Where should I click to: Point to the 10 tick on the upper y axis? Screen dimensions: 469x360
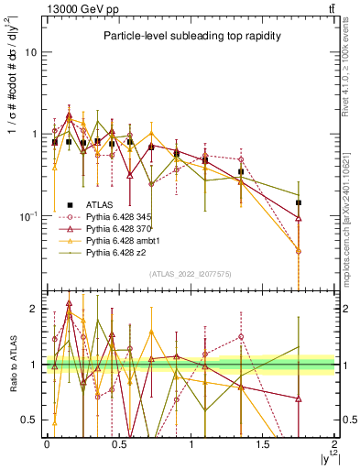31,52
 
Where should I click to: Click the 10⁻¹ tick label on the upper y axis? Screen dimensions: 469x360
28,216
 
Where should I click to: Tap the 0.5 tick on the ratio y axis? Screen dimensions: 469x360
29,420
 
